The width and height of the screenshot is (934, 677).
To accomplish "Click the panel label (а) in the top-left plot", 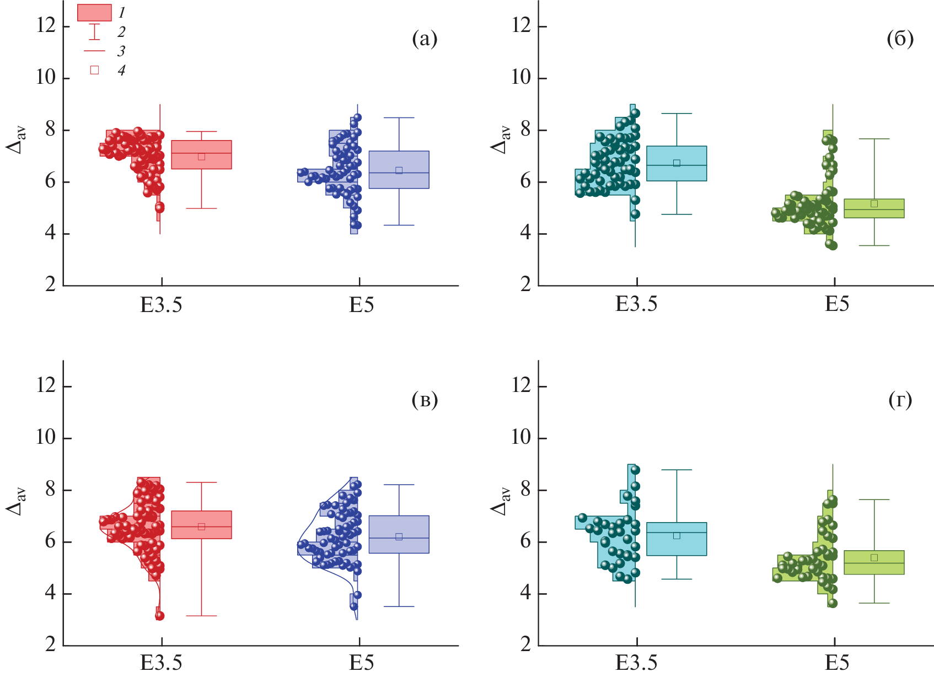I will [x=424, y=39].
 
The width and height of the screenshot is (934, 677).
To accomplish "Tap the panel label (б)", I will [x=900, y=39].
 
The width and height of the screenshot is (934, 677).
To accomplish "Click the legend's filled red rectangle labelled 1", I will [x=94, y=13].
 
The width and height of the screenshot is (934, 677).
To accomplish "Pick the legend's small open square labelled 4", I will [x=94, y=70].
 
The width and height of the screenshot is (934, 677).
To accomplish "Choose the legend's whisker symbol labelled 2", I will [x=94, y=31].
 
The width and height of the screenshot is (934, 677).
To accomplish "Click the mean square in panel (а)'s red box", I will [x=201, y=157].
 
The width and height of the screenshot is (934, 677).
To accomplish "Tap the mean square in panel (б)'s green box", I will [x=874, y=203].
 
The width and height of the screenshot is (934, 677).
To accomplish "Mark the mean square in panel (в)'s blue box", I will [x=399, y=536].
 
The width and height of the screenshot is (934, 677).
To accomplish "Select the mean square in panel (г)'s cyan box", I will [x=677, y=535].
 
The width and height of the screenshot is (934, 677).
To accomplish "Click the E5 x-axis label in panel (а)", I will [x=361, y=305].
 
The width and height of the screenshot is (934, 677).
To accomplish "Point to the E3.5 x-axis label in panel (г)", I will [x=636, y=663].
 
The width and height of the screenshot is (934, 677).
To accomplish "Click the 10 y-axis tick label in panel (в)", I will [x=46, y=438].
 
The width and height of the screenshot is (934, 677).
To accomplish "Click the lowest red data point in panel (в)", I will [x=159, y=616].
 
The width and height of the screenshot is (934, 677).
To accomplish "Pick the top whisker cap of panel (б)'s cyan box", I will [x=677, y=114].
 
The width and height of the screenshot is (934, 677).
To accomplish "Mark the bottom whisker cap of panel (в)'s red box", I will [x=201, y=616].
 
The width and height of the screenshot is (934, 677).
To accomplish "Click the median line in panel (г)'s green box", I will [x=874, y=563].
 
